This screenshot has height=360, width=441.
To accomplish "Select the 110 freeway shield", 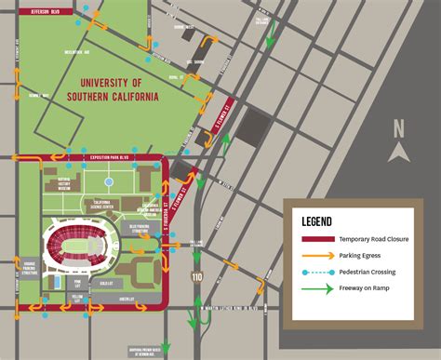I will [x=195, y=276].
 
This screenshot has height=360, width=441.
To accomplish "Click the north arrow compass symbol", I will [x=399, y=151].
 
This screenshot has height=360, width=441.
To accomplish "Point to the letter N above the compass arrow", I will [x=399, y=129].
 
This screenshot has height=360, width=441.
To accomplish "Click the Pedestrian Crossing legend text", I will [x=367, y=272].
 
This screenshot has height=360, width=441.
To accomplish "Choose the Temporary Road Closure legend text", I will [x=374, y=240].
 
